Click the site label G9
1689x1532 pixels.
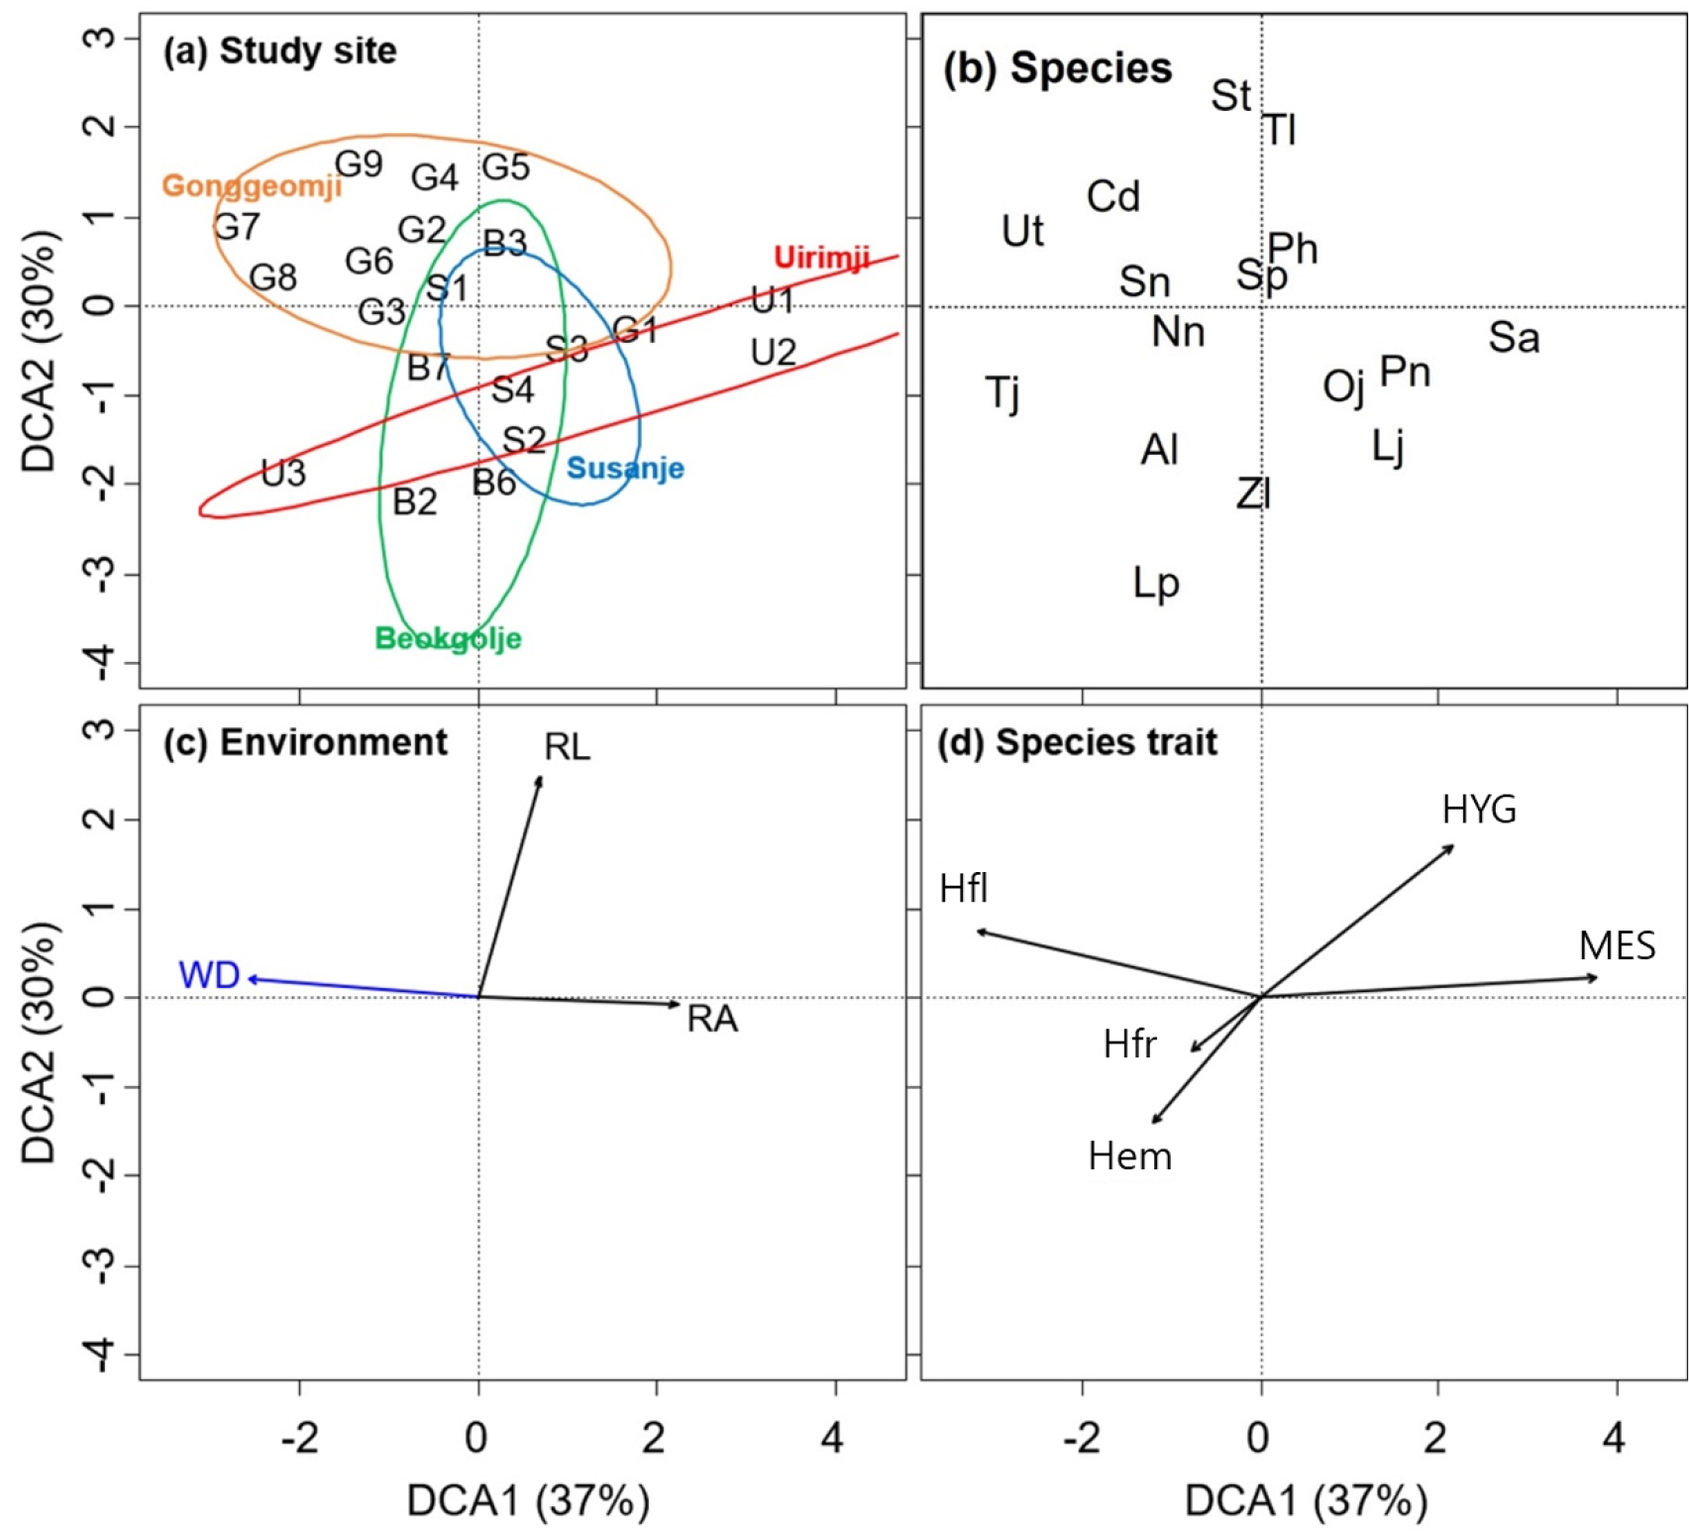pos(359,164)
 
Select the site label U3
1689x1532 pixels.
pos(283,474)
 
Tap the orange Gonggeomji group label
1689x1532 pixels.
pos(252,185)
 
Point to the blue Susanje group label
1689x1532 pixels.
pos(625,468)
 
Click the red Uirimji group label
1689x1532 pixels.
pos(821,258)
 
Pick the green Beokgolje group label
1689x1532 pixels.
pos(448,638)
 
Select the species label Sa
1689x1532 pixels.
pos(1514,338)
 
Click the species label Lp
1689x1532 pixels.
pos(1156,583)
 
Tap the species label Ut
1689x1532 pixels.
pos(1022,231)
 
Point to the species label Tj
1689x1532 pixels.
pos(1003,392)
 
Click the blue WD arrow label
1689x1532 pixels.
pos(209,975)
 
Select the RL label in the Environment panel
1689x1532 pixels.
pos(567,746)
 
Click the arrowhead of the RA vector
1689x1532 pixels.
pos(678,1004)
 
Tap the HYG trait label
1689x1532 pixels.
pos(1479,810)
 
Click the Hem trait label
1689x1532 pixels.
pos(1129,1156)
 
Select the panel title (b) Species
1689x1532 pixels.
pos(1057,67)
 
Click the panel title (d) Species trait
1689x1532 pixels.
pos(1077,742)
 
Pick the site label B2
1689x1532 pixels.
pos(414,501)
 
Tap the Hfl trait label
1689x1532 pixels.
pos(963,889)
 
